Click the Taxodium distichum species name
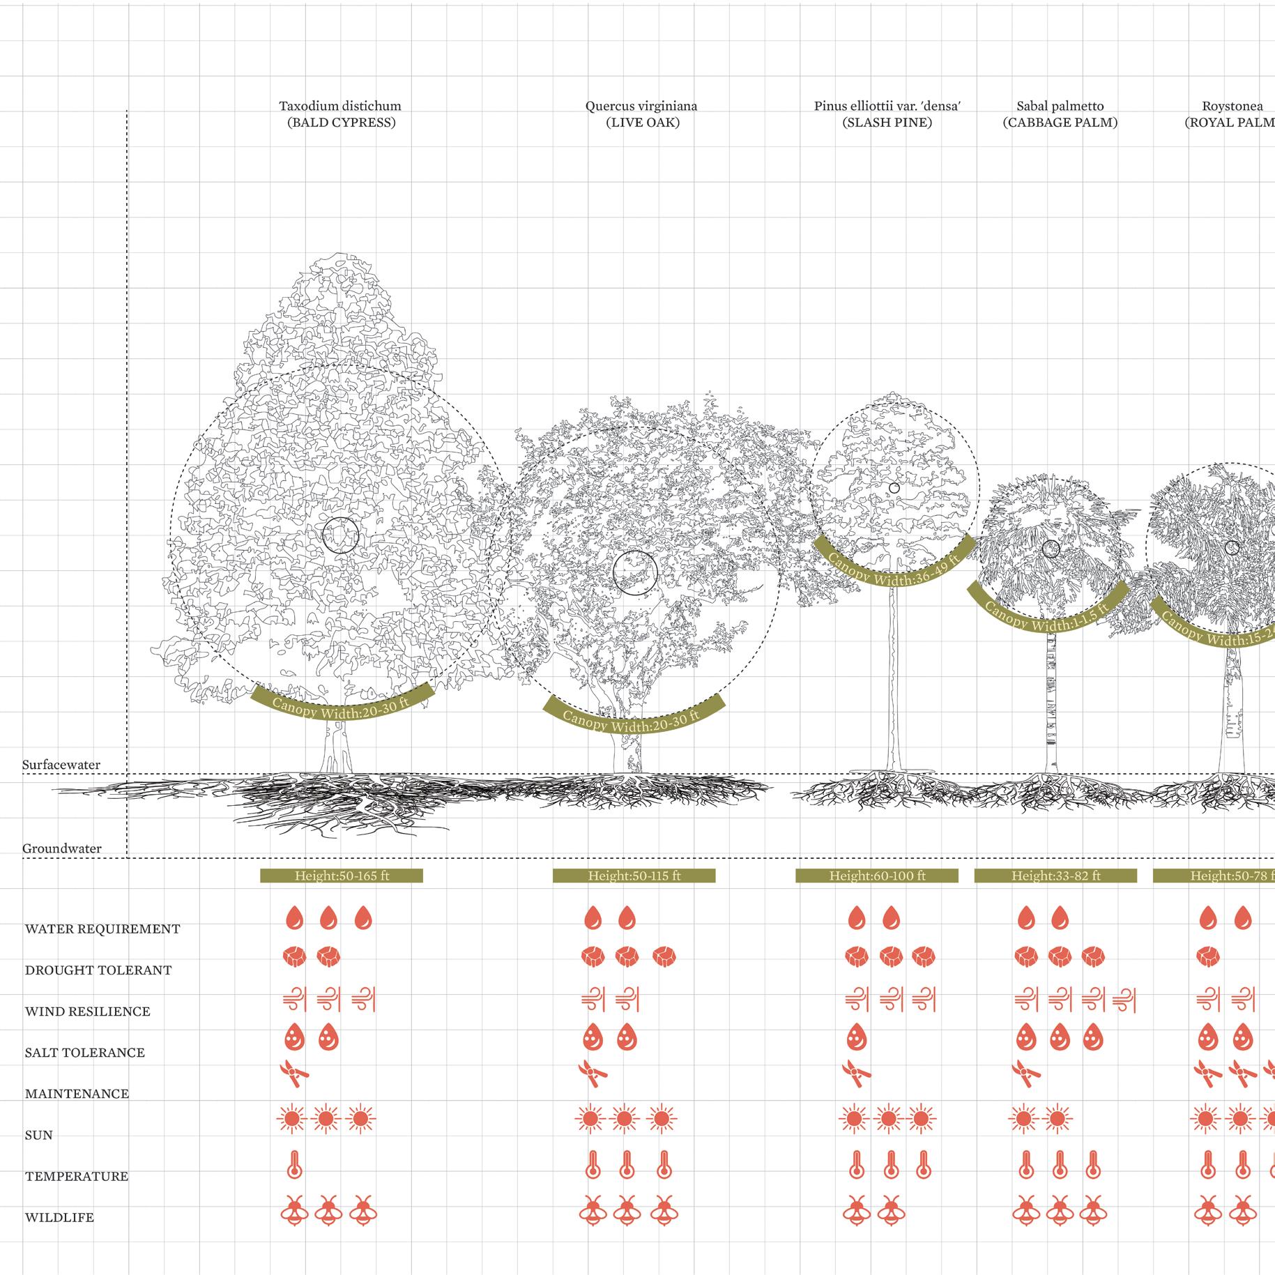pyautogui.click(x=340, y=107)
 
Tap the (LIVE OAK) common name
pyautogui.click(x=642, y=123)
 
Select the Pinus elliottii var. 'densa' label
pyautogui.click(x=887, y=107)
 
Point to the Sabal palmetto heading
pyautogui.click(x=1060, y=107)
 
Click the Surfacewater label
pyautogui.click(x=61, y=765)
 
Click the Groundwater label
pyautogui.click(x=62, y=848)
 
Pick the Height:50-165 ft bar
pyautogui.click(x=342, y=876)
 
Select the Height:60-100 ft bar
pyautogui.click(x=877, y=876)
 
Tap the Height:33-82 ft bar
pyautogui.click(x=1055, y=876)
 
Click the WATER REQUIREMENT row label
pyautogui.click(x=102, y=929)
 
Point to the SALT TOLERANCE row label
pyautogui.click(x=85, y=1053)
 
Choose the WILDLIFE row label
pyautogui.click(x=59, y=1218)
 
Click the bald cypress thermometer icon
pyautogui.click(x=294, y=1164)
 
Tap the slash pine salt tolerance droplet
pyautogui.click(x=856, y=1039)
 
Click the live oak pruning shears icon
pyautogui.click(x=593, y=1074)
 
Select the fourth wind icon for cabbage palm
pyautogui.click(x=1125, y=1000)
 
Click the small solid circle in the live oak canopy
pyautogui.click(x=635, y=573)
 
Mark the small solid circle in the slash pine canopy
pyautogui.click(x=894, y=488)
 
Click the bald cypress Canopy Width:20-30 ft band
pyautogui.click(x=342, y=705)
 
